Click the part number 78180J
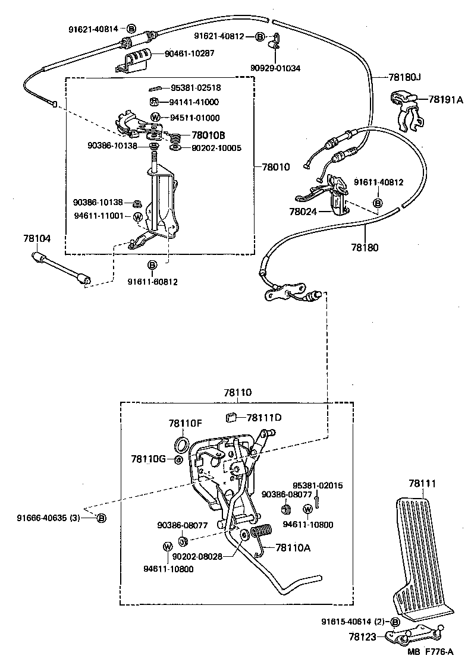(406, 77)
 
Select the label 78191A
(445, 100)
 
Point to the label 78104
(37, 238)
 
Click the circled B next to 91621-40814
(131, 28)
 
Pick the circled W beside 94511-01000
(155, 117)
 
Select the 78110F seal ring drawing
(183, 445)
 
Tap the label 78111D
(264, 417)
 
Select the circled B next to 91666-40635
(101, 518)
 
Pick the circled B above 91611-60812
(152, 264)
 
